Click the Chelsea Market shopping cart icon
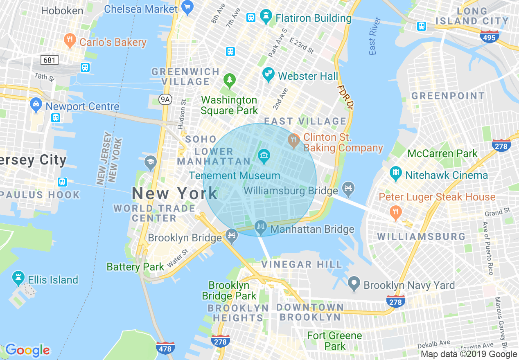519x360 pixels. pos(187,8)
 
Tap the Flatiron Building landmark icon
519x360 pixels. pos(266,18)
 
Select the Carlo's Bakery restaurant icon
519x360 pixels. pos(70,41)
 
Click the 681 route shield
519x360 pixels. pos(50,60)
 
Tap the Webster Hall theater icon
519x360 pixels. pos(268,74)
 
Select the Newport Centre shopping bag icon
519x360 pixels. pos(36,105)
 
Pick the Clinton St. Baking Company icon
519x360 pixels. pos(293,140)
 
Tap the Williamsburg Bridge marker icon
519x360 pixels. pos(348,188)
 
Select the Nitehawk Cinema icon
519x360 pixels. pos(395,173)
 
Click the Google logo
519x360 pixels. pos(27,350)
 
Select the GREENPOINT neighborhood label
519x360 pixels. pos(448,96)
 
